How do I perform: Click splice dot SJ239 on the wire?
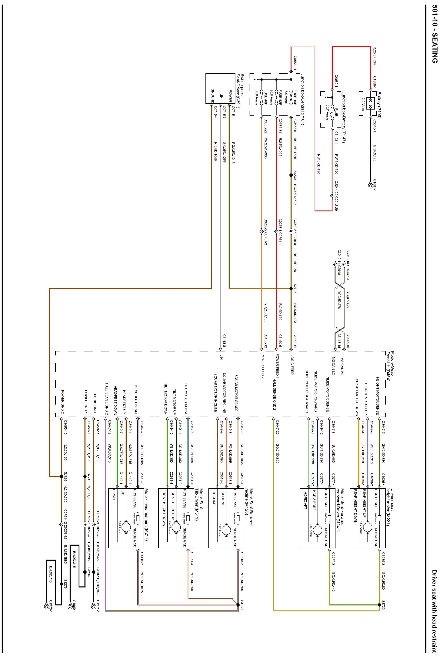(291, 175)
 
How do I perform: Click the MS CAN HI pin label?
(342, 366)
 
